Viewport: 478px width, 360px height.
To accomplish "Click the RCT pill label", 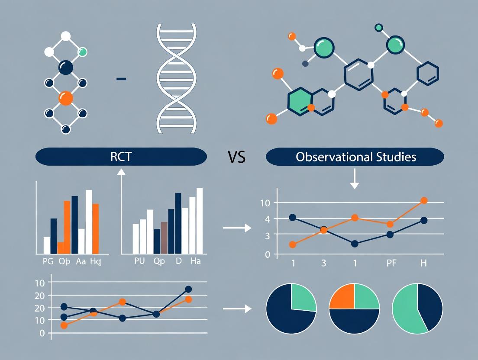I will pyautogui.click(x=121, y=157).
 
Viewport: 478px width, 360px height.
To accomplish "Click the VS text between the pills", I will pyautogui.click(x=236, y=157).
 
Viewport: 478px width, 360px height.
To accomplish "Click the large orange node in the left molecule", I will pyautogui.click(x=66, y=98).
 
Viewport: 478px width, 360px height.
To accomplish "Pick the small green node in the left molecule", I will pyautogui.click(x=82, y=52).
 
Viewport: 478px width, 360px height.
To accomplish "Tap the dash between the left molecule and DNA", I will pyautogui.click(x=122, y=79).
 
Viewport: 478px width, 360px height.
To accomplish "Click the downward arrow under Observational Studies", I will pyautogui.click(x=354, y=179).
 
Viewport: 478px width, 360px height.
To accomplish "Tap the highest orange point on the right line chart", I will pyautogui.click(x=424, y=200).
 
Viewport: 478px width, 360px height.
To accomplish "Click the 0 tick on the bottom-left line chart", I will pyautogui.click(x=42, y=333).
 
